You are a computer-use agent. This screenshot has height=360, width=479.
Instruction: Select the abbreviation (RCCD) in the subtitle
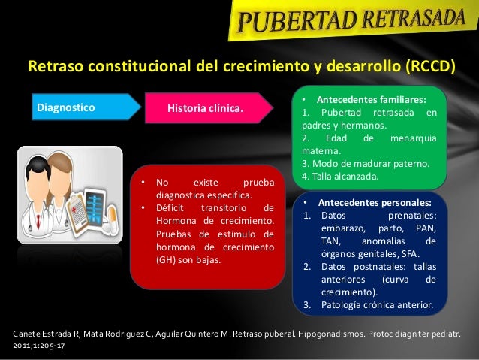429,67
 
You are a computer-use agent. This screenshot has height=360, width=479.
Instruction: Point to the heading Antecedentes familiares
371,99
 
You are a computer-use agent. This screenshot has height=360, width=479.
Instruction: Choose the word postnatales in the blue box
374,266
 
